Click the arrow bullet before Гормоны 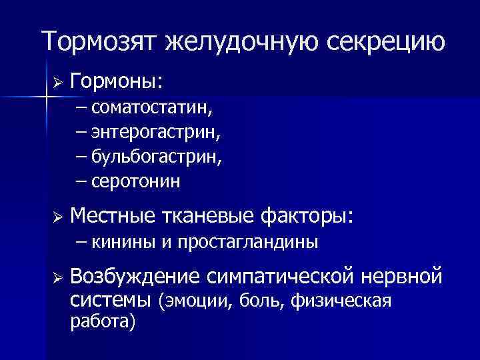pos(57,83)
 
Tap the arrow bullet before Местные pos(57,217)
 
